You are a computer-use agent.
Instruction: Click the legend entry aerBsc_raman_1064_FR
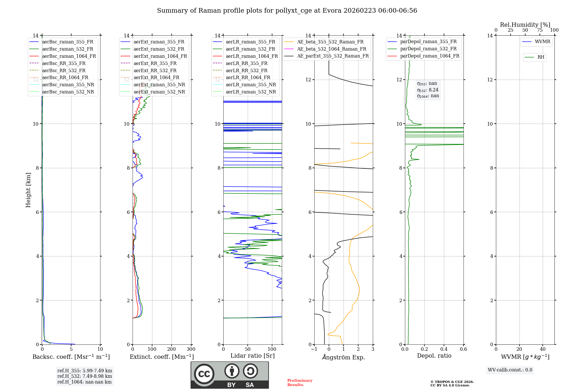coord(69,56)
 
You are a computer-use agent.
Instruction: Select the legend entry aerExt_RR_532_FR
coord(155,70)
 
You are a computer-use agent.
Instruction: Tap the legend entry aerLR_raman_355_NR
coord(251,85)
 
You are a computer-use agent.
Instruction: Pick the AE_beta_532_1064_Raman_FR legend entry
coord(331,49)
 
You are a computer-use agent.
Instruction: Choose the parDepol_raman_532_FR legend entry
coord(428,49)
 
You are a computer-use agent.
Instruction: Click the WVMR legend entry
coord(542,42)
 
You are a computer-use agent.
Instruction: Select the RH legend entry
coord(541,57)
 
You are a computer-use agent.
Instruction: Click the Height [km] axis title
coord(28,190)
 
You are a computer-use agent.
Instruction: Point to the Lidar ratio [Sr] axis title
coord(253,356)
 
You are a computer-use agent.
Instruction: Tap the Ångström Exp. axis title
coord(344,357)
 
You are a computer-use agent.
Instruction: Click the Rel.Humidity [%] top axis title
coord(525,25)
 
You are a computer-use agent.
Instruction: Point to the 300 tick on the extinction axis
coord(191,349)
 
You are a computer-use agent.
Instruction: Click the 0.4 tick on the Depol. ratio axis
coord(444,349)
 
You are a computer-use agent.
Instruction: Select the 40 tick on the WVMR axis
coord(543,349)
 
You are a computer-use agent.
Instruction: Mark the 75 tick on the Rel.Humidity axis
coord(540,30)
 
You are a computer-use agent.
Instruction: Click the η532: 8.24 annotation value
coord(428,90)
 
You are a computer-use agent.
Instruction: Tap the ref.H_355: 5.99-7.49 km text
coord(85,371)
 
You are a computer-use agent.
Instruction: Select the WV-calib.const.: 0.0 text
coord(510,370)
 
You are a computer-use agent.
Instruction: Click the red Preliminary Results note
coord(300,383)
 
